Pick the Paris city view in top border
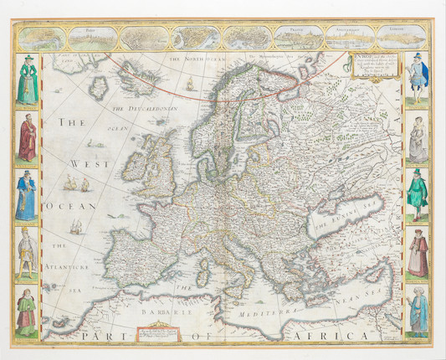click(x=95, y=38)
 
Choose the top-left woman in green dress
click(x=28, y=81)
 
